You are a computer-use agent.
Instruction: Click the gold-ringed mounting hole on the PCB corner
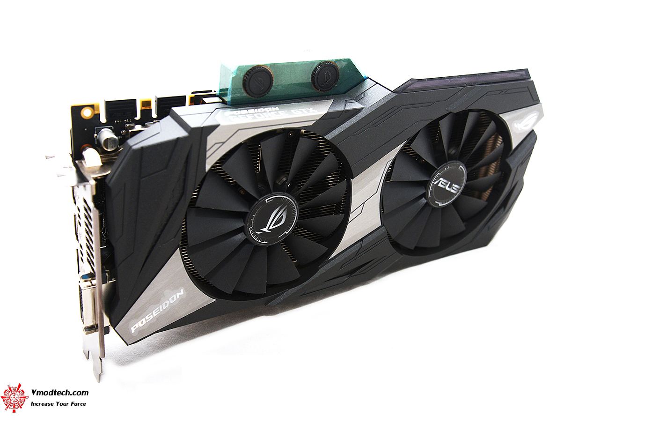86,113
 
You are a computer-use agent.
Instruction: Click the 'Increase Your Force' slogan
59,404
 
